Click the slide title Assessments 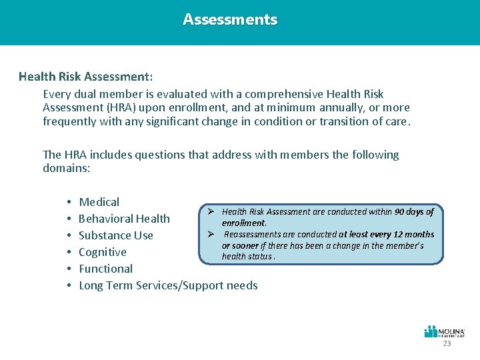pyautogui.click(x=230, y=20)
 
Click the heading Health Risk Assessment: pyautogui.click(x=86, y=77)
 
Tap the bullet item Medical pyautogui.click(x=99, y=202)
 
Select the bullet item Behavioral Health pyautogui.click(x=124, y=219)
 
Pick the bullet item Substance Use pyautogui.click(x=116, y=235)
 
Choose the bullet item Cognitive pyautogui.click(x=103, y=252)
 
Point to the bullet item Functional pyautogui.click(x=106, y=269)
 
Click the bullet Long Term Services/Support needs pyautogui.click(x=168, y=285)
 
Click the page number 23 pyautogui.click(x=447, y=343)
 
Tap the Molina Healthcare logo pyautogui.click(x=445, y=331)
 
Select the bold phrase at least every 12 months pyautogui.click(x=386, y=235)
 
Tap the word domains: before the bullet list pyautogui.click(x=66, y=169)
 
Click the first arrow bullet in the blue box pyautogui.click(x=210, y=212)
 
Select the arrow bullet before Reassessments pyautogui.click(x=210, y=235)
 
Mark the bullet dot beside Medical pyautogui.click(x=69, y=202)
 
